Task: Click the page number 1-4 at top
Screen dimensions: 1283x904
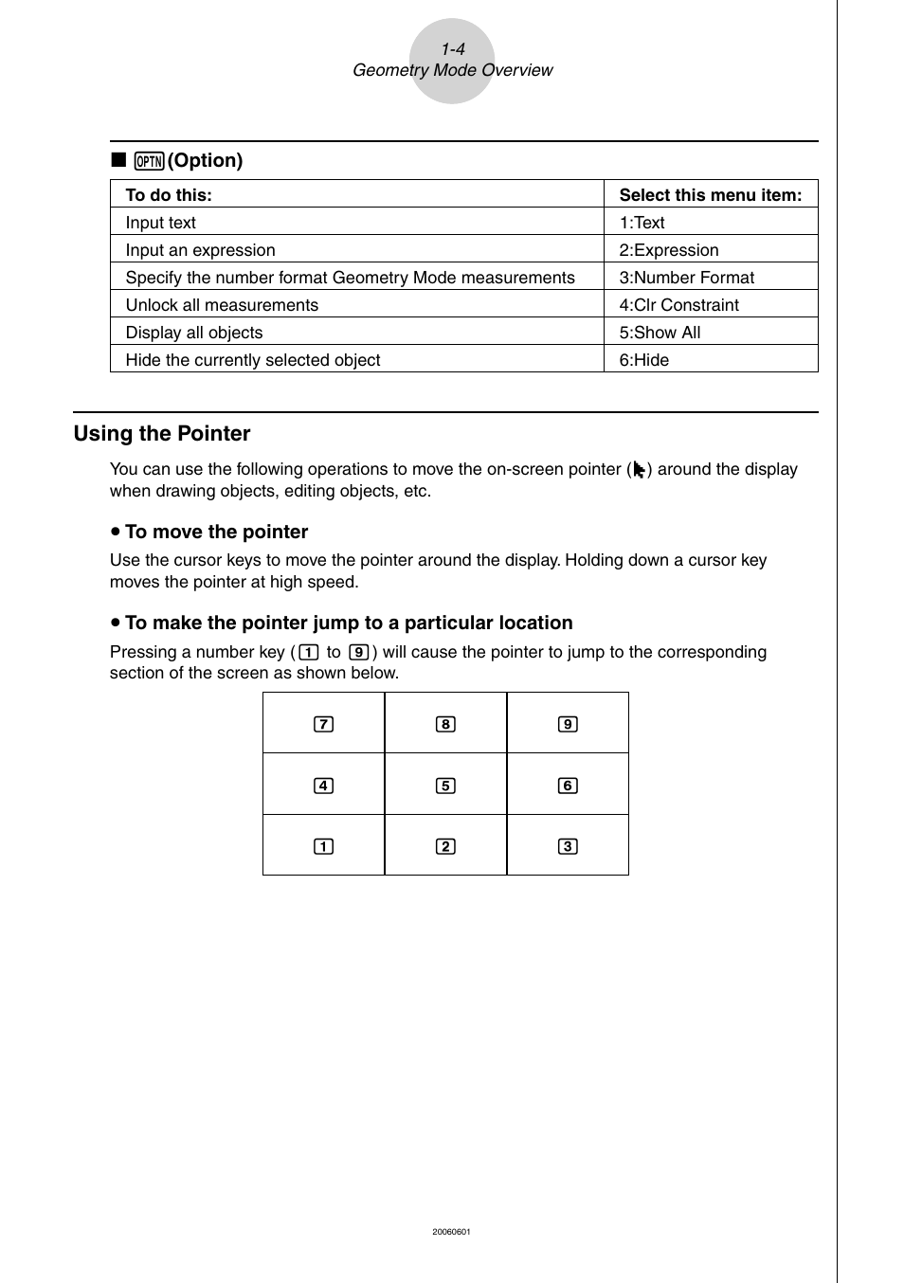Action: [452, 49]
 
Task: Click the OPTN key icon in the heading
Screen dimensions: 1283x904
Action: [149, 161]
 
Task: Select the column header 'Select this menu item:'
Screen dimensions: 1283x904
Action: [710, 195]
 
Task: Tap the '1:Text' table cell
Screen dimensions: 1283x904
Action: [642, 223]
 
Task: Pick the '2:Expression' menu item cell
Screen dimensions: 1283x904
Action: [668, 250]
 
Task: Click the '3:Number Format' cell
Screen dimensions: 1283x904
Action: [686, 278]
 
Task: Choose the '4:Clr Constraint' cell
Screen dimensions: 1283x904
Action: [678, 305]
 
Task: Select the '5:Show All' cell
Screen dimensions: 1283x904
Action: [660, 333]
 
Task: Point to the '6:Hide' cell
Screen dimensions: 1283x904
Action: [643, 360]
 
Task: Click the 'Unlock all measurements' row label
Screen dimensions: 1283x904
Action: [222, 305]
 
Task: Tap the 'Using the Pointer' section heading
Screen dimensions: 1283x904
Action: [162, 434]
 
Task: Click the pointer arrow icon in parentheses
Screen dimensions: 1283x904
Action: [640, 470]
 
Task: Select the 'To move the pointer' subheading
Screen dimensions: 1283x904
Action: [216, 533]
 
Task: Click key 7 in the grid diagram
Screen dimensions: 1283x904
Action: [323, 725]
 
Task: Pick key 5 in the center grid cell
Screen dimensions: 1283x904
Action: [445, 786]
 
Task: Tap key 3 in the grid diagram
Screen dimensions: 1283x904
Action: [568, 846]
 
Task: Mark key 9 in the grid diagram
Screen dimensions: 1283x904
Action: [568, 725]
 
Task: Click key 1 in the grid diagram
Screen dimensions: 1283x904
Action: [323, 846]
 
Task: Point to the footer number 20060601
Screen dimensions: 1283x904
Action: [451, 1232]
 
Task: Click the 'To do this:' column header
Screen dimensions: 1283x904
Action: [169, 195]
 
